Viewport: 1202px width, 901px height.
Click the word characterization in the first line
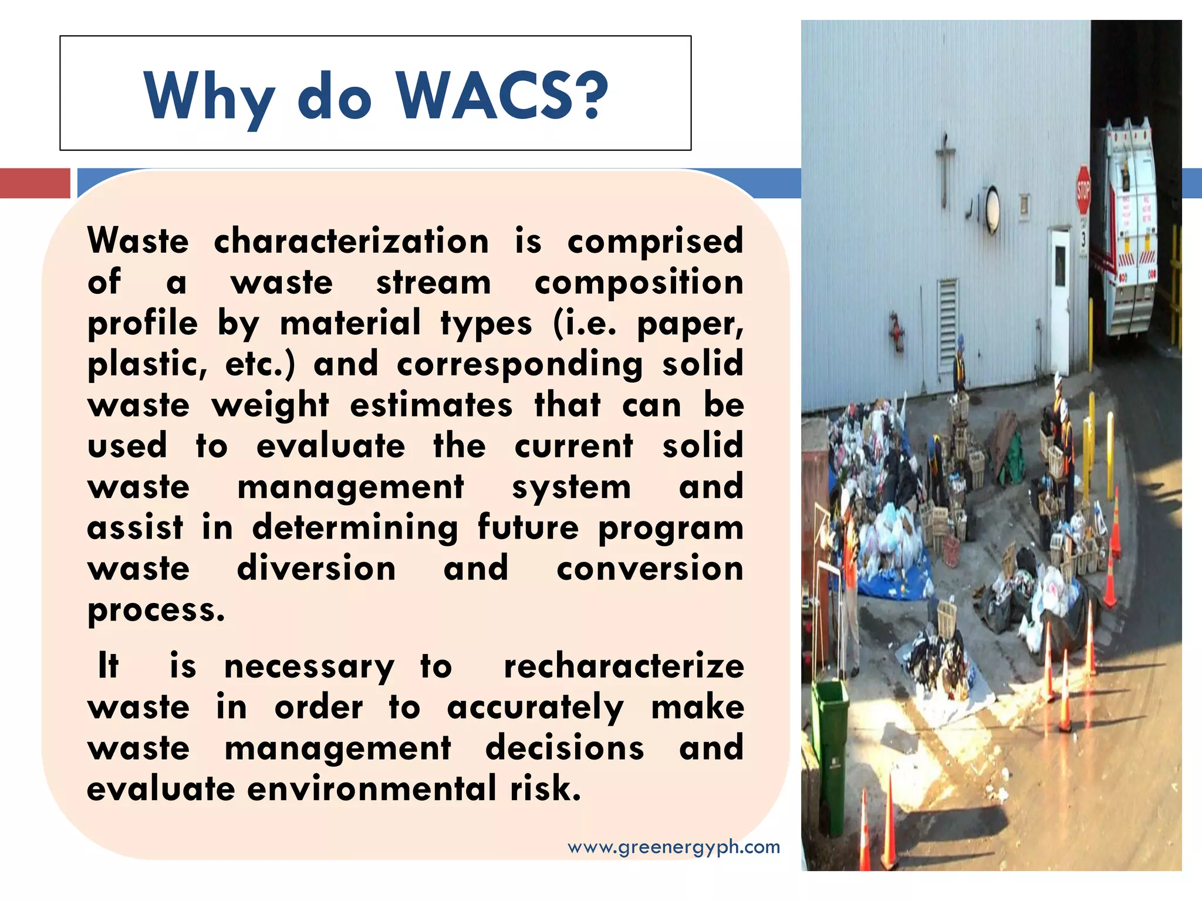(351, 242)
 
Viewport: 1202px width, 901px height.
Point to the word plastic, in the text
(147, 365)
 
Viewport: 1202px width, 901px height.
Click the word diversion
(316, 568)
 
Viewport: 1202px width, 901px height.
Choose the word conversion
(650, 569)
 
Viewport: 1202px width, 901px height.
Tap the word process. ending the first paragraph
(156, 610)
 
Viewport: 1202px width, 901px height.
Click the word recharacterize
(624, 667)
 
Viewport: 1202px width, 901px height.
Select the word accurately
(535, 708)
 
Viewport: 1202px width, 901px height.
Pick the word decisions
(565, 748)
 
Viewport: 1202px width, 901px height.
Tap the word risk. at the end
(545, 788)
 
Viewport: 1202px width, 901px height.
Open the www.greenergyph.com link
(674, 847)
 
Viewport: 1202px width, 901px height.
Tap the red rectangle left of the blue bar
(35, 183)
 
